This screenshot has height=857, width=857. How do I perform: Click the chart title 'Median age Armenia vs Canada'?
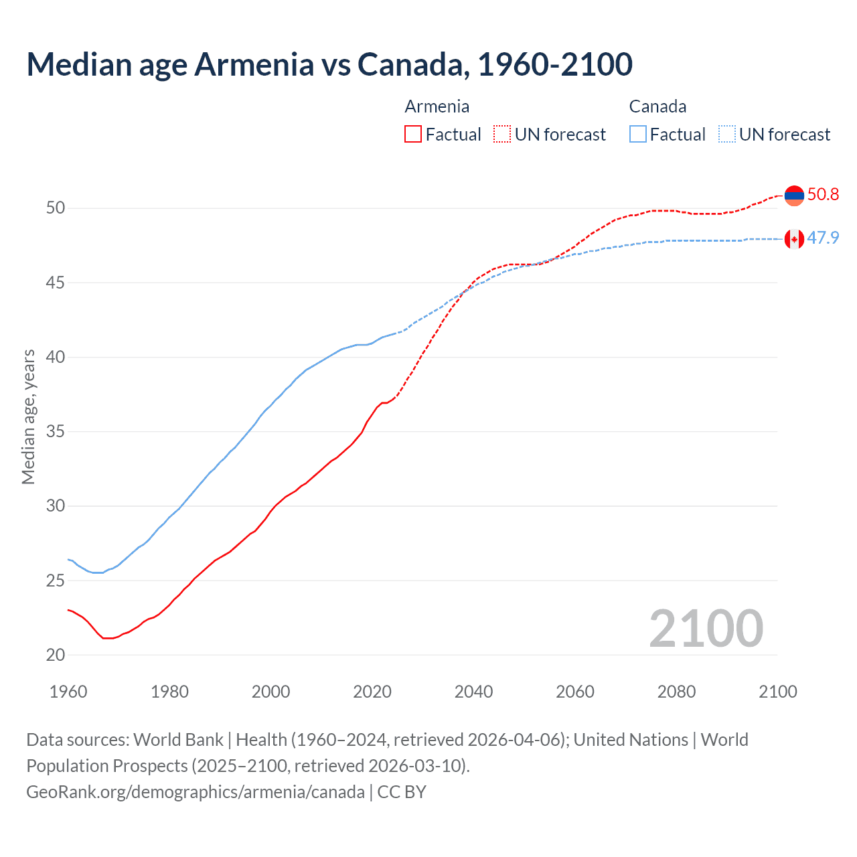coord(329,64)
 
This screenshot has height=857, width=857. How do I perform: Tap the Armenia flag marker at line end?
coord(794,196)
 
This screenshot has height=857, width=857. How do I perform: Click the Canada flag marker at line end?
coord(794,239)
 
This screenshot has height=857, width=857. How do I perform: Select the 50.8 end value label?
coord(823,195)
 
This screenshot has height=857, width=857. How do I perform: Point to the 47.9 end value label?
coord(823,238)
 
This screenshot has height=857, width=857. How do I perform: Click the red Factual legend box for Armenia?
coord(413,135)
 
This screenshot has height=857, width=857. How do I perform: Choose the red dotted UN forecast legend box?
coord(502,135)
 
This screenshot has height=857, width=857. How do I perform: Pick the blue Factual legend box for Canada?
coord(637,135)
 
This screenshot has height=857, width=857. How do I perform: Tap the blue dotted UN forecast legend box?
coord(726,135)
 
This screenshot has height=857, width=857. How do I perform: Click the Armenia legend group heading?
coord(437,106)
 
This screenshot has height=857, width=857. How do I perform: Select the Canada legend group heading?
coord(657,106)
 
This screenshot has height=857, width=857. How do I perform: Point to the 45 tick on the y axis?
coord(56,283)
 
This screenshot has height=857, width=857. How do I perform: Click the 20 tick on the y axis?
coord(56,655)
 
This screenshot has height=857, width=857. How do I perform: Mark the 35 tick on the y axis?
coord(56,431)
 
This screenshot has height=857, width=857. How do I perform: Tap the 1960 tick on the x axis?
coord(68,692)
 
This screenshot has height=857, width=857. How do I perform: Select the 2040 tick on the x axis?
coord(473,692)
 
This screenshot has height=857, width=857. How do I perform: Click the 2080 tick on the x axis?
coord(676,692)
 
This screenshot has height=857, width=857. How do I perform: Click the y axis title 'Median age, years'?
coord(28,416)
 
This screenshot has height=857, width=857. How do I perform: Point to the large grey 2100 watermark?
coord(706,629)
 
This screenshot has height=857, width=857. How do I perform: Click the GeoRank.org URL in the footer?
coord(196,792)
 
